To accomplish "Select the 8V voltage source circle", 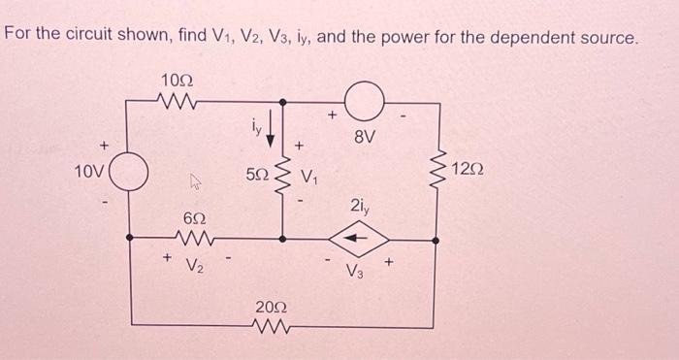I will (371, 98).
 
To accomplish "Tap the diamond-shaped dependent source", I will (371, 237).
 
